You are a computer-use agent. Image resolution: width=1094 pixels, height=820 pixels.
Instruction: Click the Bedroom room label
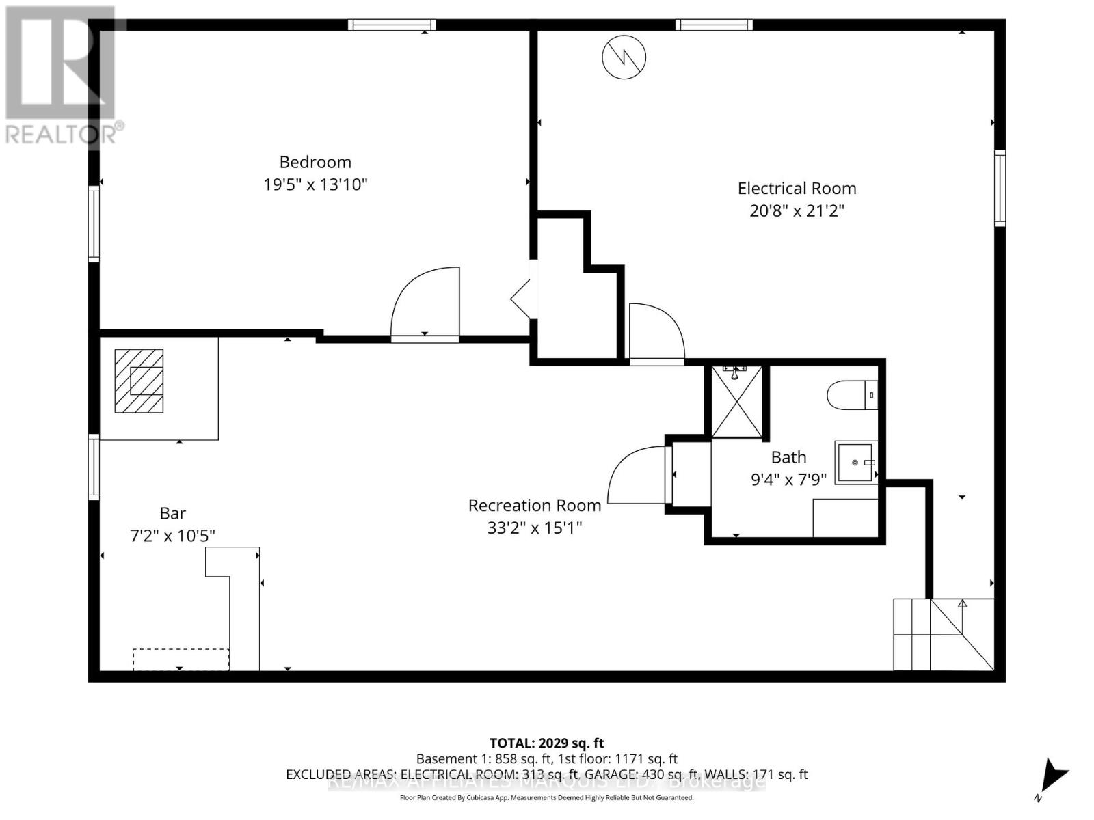pyautogui.click(x=315, y=162)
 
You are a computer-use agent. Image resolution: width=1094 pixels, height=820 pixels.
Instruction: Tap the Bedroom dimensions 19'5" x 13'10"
pyautogui.click(x=315, y=184)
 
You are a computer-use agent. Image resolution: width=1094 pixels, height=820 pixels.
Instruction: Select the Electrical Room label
pyautogui.click(x=797, y=189)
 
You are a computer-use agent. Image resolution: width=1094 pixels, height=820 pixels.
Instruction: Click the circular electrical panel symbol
pyautogui.click(x=624, y=57)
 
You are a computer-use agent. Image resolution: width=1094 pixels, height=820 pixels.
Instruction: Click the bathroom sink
pyautogui.click(x=855, y=463)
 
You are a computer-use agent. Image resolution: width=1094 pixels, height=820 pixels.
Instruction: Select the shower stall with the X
pyautogui.click(x=736, y=402)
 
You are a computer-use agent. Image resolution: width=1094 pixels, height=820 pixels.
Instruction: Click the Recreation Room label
pyautogui.click(x=535, y=506)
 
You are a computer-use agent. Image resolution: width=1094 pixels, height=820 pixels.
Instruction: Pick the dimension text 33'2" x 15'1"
pyautogui.click(x=535, y=528)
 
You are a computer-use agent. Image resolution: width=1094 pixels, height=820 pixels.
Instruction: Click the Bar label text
pyautogui.click(x=172, y=513)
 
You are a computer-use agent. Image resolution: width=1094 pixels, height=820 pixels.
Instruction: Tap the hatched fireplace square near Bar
pyautogui.click(x=139, y=381)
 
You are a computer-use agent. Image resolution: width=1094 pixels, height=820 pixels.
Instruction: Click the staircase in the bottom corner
pyautogui.click(x=944, y=634)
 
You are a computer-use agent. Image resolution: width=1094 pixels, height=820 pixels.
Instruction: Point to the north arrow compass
pyautogui.click(x=1053, y=778)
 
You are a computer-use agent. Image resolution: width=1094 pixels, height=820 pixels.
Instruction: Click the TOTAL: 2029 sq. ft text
pyautogui.click(x=546, y=743)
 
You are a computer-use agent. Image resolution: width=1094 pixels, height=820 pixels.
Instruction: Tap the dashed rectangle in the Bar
pyautogui.click(x=181, y=659)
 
